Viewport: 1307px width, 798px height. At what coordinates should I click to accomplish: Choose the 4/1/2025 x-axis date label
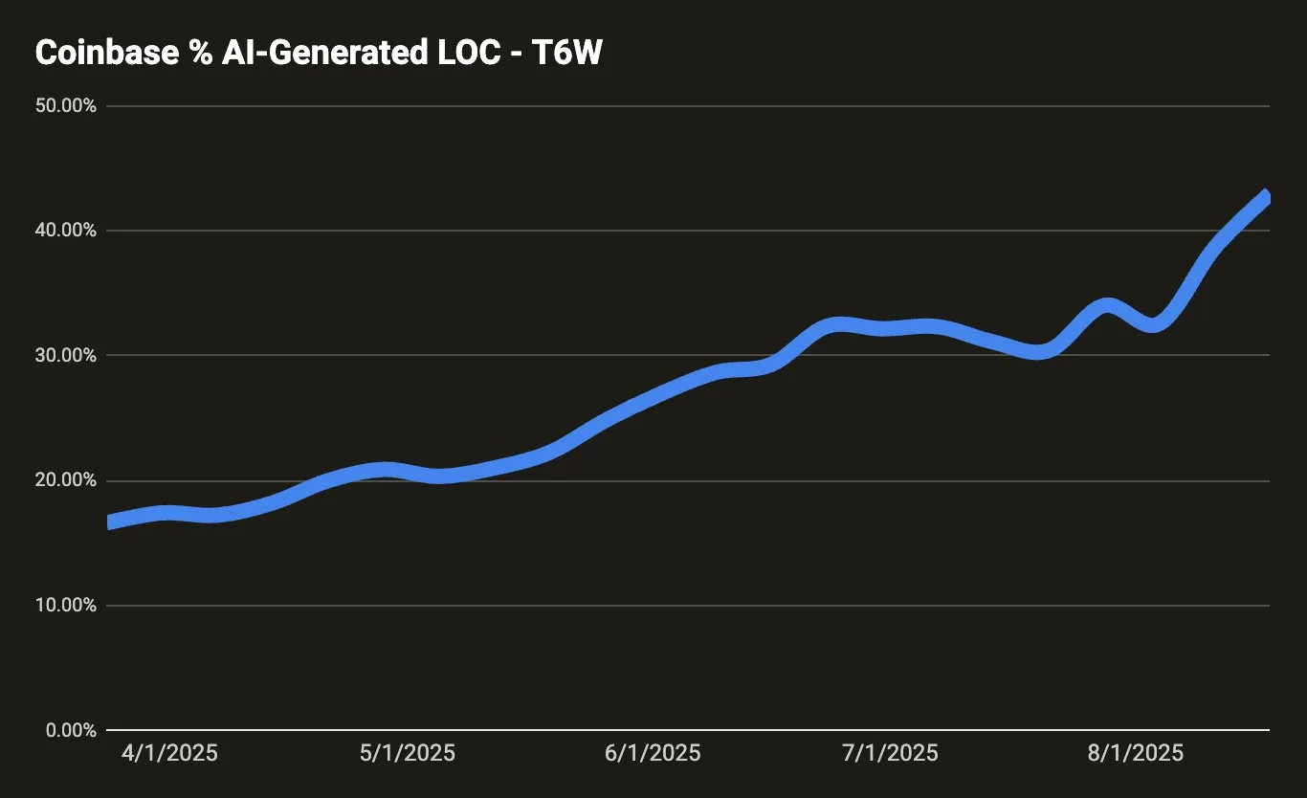169,753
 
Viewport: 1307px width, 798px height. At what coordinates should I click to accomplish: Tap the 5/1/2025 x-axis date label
407,753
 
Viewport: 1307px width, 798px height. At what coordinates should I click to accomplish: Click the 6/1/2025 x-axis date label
653,753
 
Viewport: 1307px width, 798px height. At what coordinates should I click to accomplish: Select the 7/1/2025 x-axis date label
890,753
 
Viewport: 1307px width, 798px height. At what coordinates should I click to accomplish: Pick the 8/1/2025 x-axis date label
1135,753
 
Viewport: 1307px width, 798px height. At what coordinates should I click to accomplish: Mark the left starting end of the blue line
110,522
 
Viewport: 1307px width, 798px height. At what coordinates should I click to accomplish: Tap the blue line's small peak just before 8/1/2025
1106,307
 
